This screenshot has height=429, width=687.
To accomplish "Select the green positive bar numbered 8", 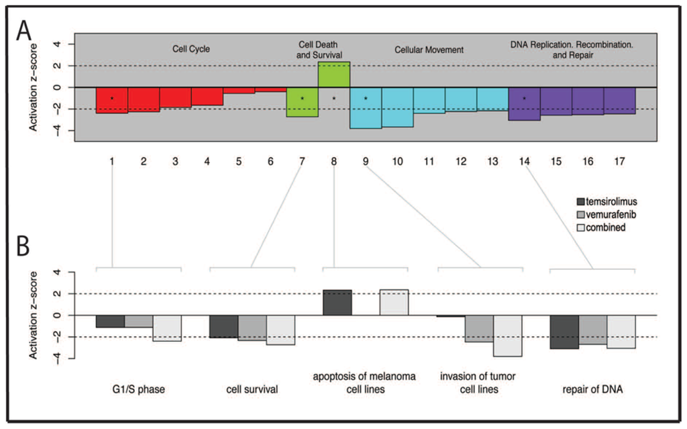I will point(333,75).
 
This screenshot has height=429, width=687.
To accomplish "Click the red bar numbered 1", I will point(112,100).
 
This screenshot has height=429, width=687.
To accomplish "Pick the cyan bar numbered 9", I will point(366,107).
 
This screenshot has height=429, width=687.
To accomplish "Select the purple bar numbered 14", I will point(524,104).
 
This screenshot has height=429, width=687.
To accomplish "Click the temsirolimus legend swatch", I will point(583,201).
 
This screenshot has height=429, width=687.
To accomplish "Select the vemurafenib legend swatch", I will point(583,214).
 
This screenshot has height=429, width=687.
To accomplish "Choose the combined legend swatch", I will point(583,227).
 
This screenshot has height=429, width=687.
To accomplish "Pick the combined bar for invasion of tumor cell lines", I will point(507,336).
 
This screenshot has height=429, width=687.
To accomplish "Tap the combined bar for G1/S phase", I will point(167,328).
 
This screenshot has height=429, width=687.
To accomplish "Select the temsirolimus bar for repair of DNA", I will point(564,332).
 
